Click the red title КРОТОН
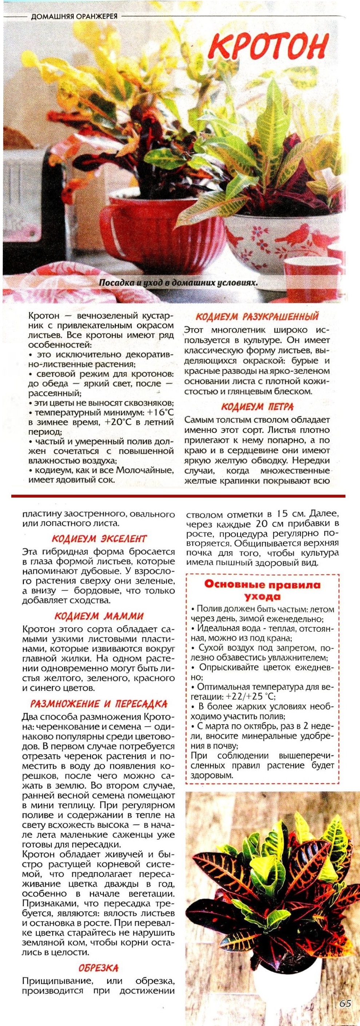271,47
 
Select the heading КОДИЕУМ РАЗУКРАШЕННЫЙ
257,316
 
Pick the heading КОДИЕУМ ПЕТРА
257,407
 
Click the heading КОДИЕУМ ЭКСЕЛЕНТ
99,538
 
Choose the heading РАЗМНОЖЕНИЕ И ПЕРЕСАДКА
99,704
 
